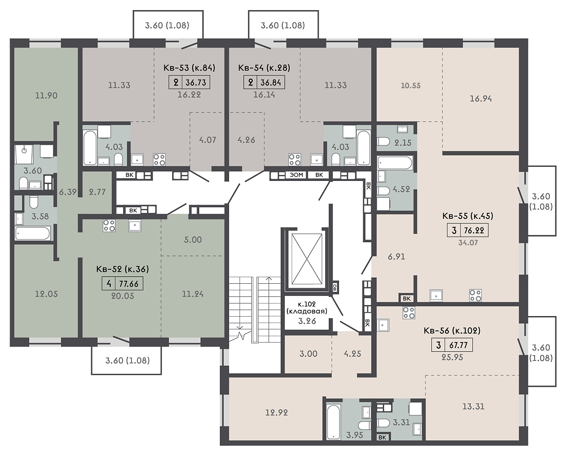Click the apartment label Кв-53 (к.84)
coord(189,68)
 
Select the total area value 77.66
coord(129,284)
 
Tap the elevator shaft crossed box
coord(307,258)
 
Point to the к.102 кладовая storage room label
coord(307,308)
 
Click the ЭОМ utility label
coord(296,175)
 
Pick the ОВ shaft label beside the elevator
coord(335,287)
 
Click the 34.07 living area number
coord(468,243)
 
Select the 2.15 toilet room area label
coord(402,143)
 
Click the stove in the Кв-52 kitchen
coord(109,226)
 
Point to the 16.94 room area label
coord(481,98)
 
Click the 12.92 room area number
coord(276,412)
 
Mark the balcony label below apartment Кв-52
coord(127,360)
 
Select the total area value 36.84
coord(270,83)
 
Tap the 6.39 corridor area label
coord(68,192)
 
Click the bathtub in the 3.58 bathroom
coord(32,233)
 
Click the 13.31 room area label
coord(473,406)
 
